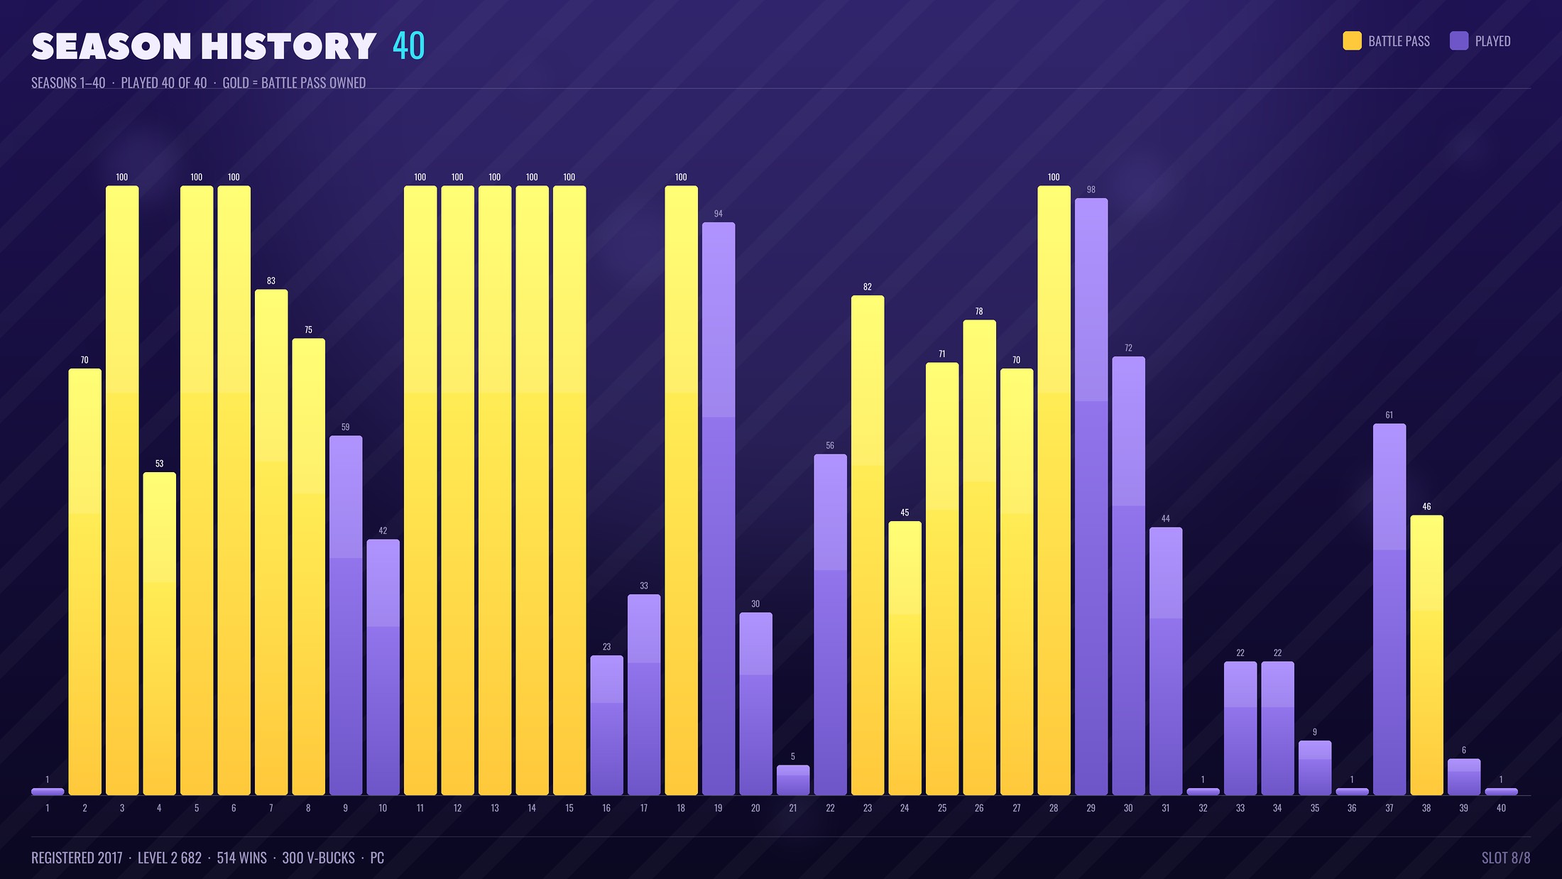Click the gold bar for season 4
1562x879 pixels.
pos(159,633)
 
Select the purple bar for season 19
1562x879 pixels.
pos(719,508)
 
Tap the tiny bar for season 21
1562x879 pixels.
pos(793,780)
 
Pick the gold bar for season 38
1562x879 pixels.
pos(1426,655)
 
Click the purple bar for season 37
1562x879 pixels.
pos(1389,609)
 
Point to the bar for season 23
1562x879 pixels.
pos(868,545)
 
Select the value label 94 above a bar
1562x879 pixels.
pos(719,214)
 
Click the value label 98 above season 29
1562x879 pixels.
pos(1091,190)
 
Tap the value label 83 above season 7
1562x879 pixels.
pos(271,280)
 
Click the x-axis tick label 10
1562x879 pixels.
pos(383,808)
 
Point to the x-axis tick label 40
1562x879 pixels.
pos(1501,808)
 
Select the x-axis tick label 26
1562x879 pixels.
pos(979,808)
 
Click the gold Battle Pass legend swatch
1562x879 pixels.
pos(1353,41)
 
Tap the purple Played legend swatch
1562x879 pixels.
pos(1459,41)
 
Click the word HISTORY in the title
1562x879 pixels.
pos(288,47)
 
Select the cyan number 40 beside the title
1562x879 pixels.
pos(409,46)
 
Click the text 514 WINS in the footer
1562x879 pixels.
pos(241,858)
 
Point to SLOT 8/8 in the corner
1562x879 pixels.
pos(1506,858)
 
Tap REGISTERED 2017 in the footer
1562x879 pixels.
pos(77,858)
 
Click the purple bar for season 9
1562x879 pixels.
pos(346,615)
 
